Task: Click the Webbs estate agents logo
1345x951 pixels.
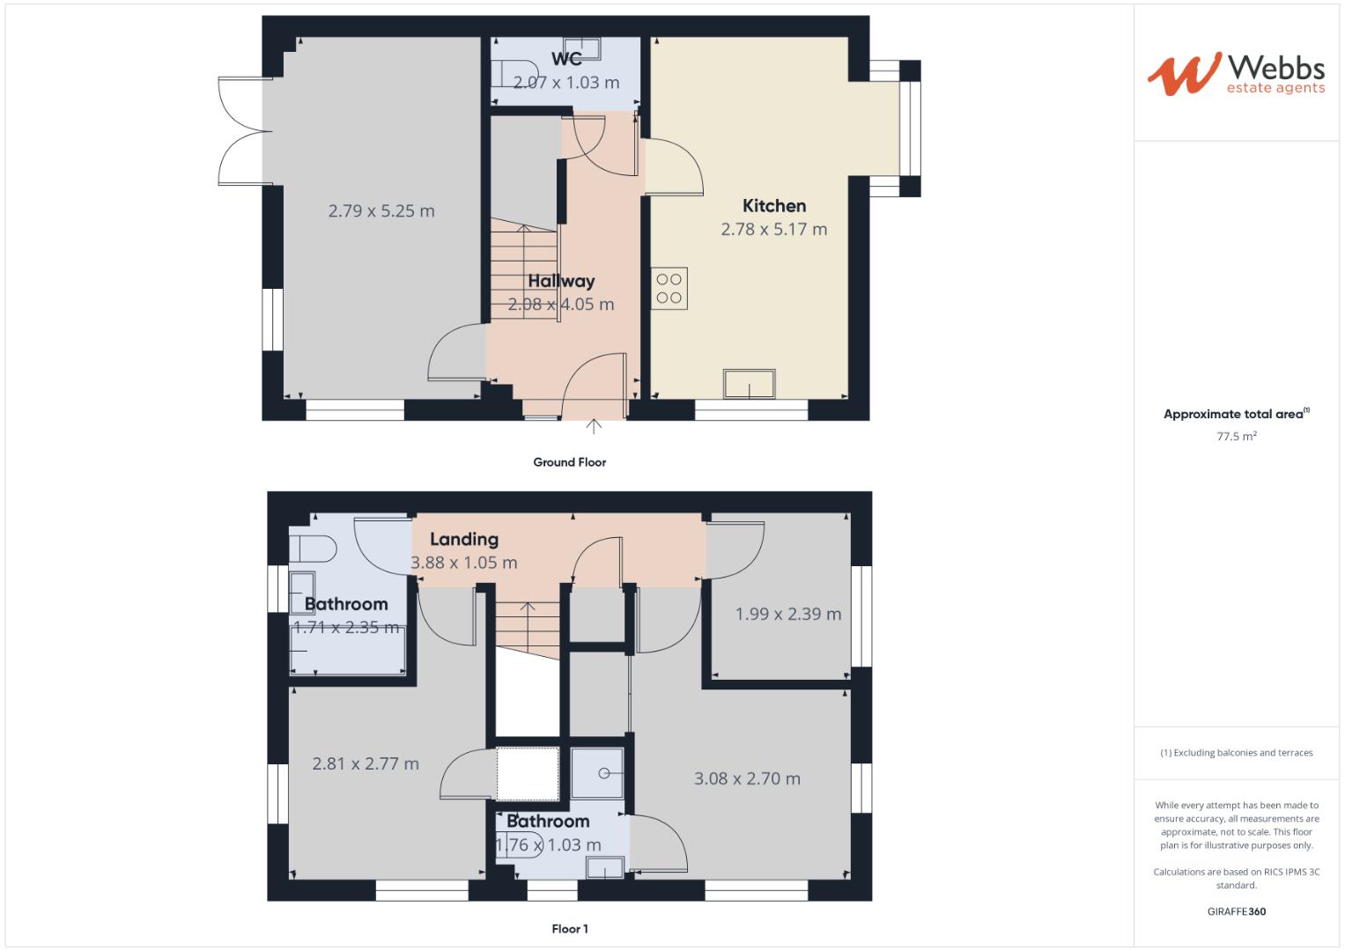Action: click(1236, 73)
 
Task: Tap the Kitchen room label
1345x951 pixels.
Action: click(774, 206)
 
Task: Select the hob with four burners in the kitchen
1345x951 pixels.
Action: click(669, 289)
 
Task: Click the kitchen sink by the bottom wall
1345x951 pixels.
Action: click(750, 384)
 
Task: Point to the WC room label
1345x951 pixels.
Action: click(566, 59)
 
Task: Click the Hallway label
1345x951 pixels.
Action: click(561, 281)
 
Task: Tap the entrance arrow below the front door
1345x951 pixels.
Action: click(595, 427)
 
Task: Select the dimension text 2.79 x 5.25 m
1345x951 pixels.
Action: click(381, 211)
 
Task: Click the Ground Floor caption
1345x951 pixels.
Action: click(570, 462)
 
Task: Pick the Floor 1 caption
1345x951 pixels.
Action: click(570, 929)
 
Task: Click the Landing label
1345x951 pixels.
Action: click(464, 539)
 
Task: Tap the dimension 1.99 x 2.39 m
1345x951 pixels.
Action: click(788, 614)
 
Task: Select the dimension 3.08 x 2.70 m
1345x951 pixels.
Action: click(747, 778)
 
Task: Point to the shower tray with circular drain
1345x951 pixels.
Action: click(599, 773)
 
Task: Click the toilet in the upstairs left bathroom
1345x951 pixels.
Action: click(313, 549)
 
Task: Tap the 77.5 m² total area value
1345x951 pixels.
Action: click(1237, 436)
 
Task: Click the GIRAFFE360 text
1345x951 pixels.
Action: click(1237, 911)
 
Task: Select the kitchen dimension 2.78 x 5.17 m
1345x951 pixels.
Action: click(774, 230)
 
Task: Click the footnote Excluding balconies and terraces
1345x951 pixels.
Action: click(1237, 753)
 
